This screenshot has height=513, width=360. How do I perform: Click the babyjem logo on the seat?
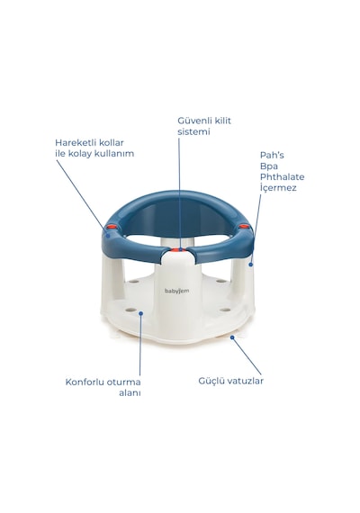click(176, 291)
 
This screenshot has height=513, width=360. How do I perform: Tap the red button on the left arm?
click(112, 227)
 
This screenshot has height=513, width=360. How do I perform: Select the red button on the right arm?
click(244, 227)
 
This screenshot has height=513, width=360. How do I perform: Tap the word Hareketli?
click(75, 142)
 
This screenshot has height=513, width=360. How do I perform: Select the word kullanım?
click(114, 153)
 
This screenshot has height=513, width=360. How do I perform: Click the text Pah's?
click(272, 155)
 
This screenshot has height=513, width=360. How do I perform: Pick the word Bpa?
click(269, 166)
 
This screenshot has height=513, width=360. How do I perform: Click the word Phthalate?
click(282, 177)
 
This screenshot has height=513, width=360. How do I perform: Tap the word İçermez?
click(278, 187)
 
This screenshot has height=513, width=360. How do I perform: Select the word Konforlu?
click(85, 382)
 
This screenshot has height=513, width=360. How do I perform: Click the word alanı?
click(130, 392)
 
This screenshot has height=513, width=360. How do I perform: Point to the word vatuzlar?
click(246, 382)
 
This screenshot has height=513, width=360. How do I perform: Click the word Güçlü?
click(211, 382)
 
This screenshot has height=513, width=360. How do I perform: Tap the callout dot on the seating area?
click(141, 313)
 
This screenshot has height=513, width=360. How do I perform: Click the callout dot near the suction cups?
click(232, 337)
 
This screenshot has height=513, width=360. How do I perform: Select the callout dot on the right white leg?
click(251, 265)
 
